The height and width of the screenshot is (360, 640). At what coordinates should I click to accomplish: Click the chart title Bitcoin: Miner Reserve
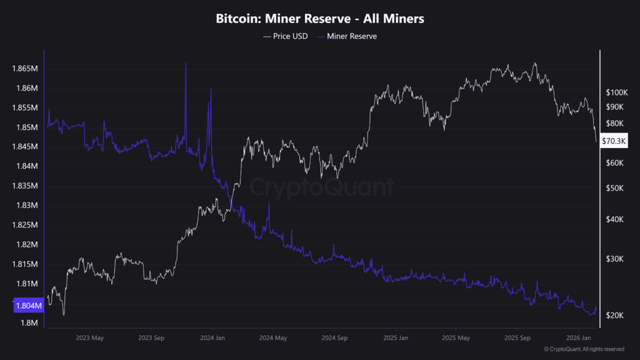pos(320,19)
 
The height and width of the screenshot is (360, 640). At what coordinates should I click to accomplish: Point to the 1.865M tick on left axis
pos(26,68)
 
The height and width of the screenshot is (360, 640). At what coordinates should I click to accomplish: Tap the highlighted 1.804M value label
pos(27,306)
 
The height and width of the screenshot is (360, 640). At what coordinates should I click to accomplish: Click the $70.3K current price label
pos(613,141)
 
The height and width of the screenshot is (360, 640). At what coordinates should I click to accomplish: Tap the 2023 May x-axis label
pos(89,338)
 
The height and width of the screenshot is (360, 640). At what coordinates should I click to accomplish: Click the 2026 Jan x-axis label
pos(579,338)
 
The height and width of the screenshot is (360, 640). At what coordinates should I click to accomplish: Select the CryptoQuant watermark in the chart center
pos(322,187)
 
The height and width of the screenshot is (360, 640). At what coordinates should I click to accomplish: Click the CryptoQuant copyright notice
pos(584,349)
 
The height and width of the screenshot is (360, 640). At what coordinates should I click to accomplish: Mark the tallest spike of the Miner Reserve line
pos(186,64)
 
